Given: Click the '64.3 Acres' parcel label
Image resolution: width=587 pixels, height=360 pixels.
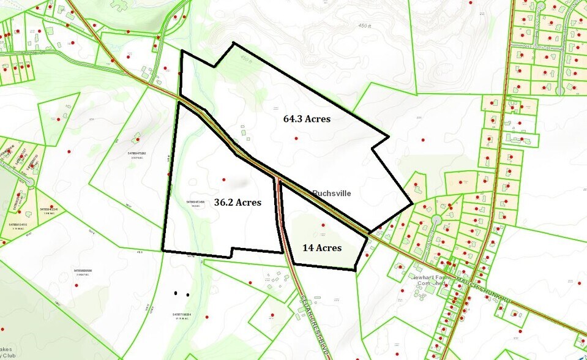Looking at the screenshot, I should tap(307, 119).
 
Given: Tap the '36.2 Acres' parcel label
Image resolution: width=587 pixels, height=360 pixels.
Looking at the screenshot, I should tap(237, 202).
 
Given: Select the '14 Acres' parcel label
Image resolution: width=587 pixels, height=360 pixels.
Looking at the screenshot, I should tap(322, 248).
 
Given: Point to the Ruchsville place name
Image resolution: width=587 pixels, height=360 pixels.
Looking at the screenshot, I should tap(333, 192).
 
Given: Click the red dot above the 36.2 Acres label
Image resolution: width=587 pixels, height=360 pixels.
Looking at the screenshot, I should tap(223, 179).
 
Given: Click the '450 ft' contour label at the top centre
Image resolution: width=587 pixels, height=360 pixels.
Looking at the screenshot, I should tap(365, 26).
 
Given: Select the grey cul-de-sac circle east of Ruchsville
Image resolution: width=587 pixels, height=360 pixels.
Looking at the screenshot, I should tap(436, 219).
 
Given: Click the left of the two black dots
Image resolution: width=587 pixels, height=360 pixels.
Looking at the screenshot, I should tap(176, 293).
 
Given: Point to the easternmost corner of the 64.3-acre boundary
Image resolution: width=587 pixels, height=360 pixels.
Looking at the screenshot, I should tap(413, 203).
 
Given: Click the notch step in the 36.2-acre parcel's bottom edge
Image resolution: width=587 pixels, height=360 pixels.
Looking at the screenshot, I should tap(232, 252).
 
